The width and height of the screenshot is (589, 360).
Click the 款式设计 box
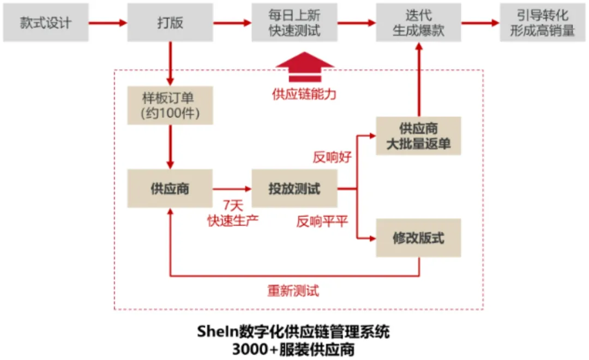click(46, 23)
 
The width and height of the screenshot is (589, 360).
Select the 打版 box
click(170, 23)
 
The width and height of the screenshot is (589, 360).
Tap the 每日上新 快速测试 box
click(294, 23)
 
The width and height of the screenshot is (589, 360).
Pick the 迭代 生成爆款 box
click(418, 23)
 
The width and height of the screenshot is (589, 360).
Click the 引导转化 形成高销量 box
click(543, 23)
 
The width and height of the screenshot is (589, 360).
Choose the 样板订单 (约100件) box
click(170, 106)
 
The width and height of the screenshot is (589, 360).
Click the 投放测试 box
click(294, 189)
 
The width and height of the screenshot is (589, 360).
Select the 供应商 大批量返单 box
click(418, 136)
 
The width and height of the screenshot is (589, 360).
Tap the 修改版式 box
click(418, 238)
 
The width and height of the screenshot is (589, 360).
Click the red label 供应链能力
click(304, 94)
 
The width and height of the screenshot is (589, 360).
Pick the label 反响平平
click(322, 221)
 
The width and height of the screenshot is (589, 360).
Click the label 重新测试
click(293, 291)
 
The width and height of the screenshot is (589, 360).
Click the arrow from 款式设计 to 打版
click(107, 23)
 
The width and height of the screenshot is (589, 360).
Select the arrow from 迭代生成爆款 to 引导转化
click(480, 23)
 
